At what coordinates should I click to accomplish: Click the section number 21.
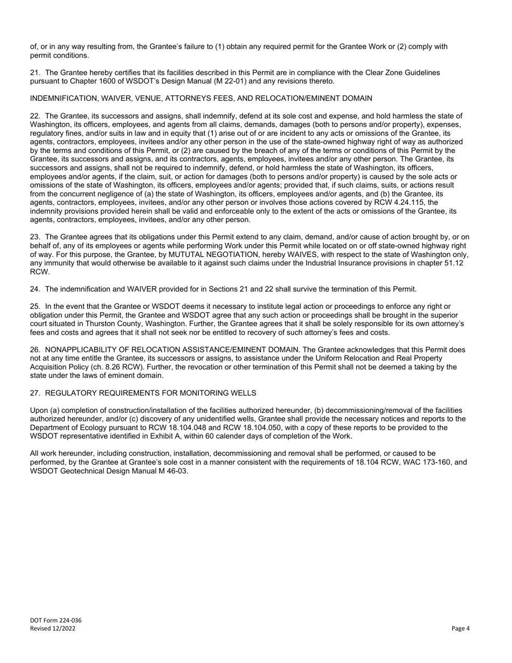coord(34,73)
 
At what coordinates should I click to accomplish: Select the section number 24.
coord(34,289)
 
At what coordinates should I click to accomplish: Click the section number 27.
coord(34,393)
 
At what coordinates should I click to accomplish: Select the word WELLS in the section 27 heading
coord(245,393)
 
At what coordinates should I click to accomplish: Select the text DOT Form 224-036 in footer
coord(56,620)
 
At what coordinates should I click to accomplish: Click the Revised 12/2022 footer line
coord(52,628)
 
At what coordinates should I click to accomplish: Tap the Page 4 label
coord(461,628)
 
